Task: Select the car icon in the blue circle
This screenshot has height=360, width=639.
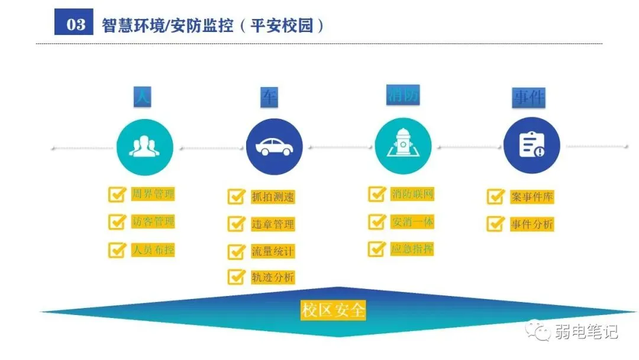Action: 273,146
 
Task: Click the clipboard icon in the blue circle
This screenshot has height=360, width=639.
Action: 531,144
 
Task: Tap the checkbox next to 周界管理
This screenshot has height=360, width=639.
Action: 117,194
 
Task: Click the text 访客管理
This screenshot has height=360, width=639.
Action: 153,221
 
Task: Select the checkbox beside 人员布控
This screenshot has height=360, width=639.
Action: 117,249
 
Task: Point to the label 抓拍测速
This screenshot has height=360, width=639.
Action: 273,197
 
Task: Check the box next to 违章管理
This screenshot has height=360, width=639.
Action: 237,224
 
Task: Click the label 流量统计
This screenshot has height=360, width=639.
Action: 273,251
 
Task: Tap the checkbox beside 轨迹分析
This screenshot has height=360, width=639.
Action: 237,277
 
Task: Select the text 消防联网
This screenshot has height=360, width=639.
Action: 412,194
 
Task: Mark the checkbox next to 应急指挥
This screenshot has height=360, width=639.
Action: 377,249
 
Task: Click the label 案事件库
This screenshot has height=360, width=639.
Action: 531,197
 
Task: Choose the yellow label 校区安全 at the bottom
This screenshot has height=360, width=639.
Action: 333,310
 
